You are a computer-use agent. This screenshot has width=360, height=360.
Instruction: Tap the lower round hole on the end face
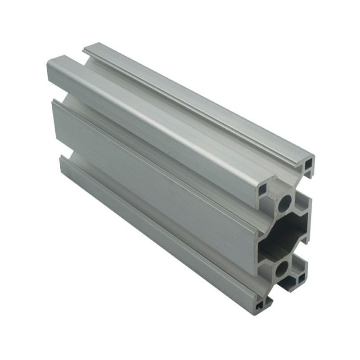(282, 269)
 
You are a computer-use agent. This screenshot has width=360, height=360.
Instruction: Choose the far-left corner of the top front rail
(48, 63)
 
